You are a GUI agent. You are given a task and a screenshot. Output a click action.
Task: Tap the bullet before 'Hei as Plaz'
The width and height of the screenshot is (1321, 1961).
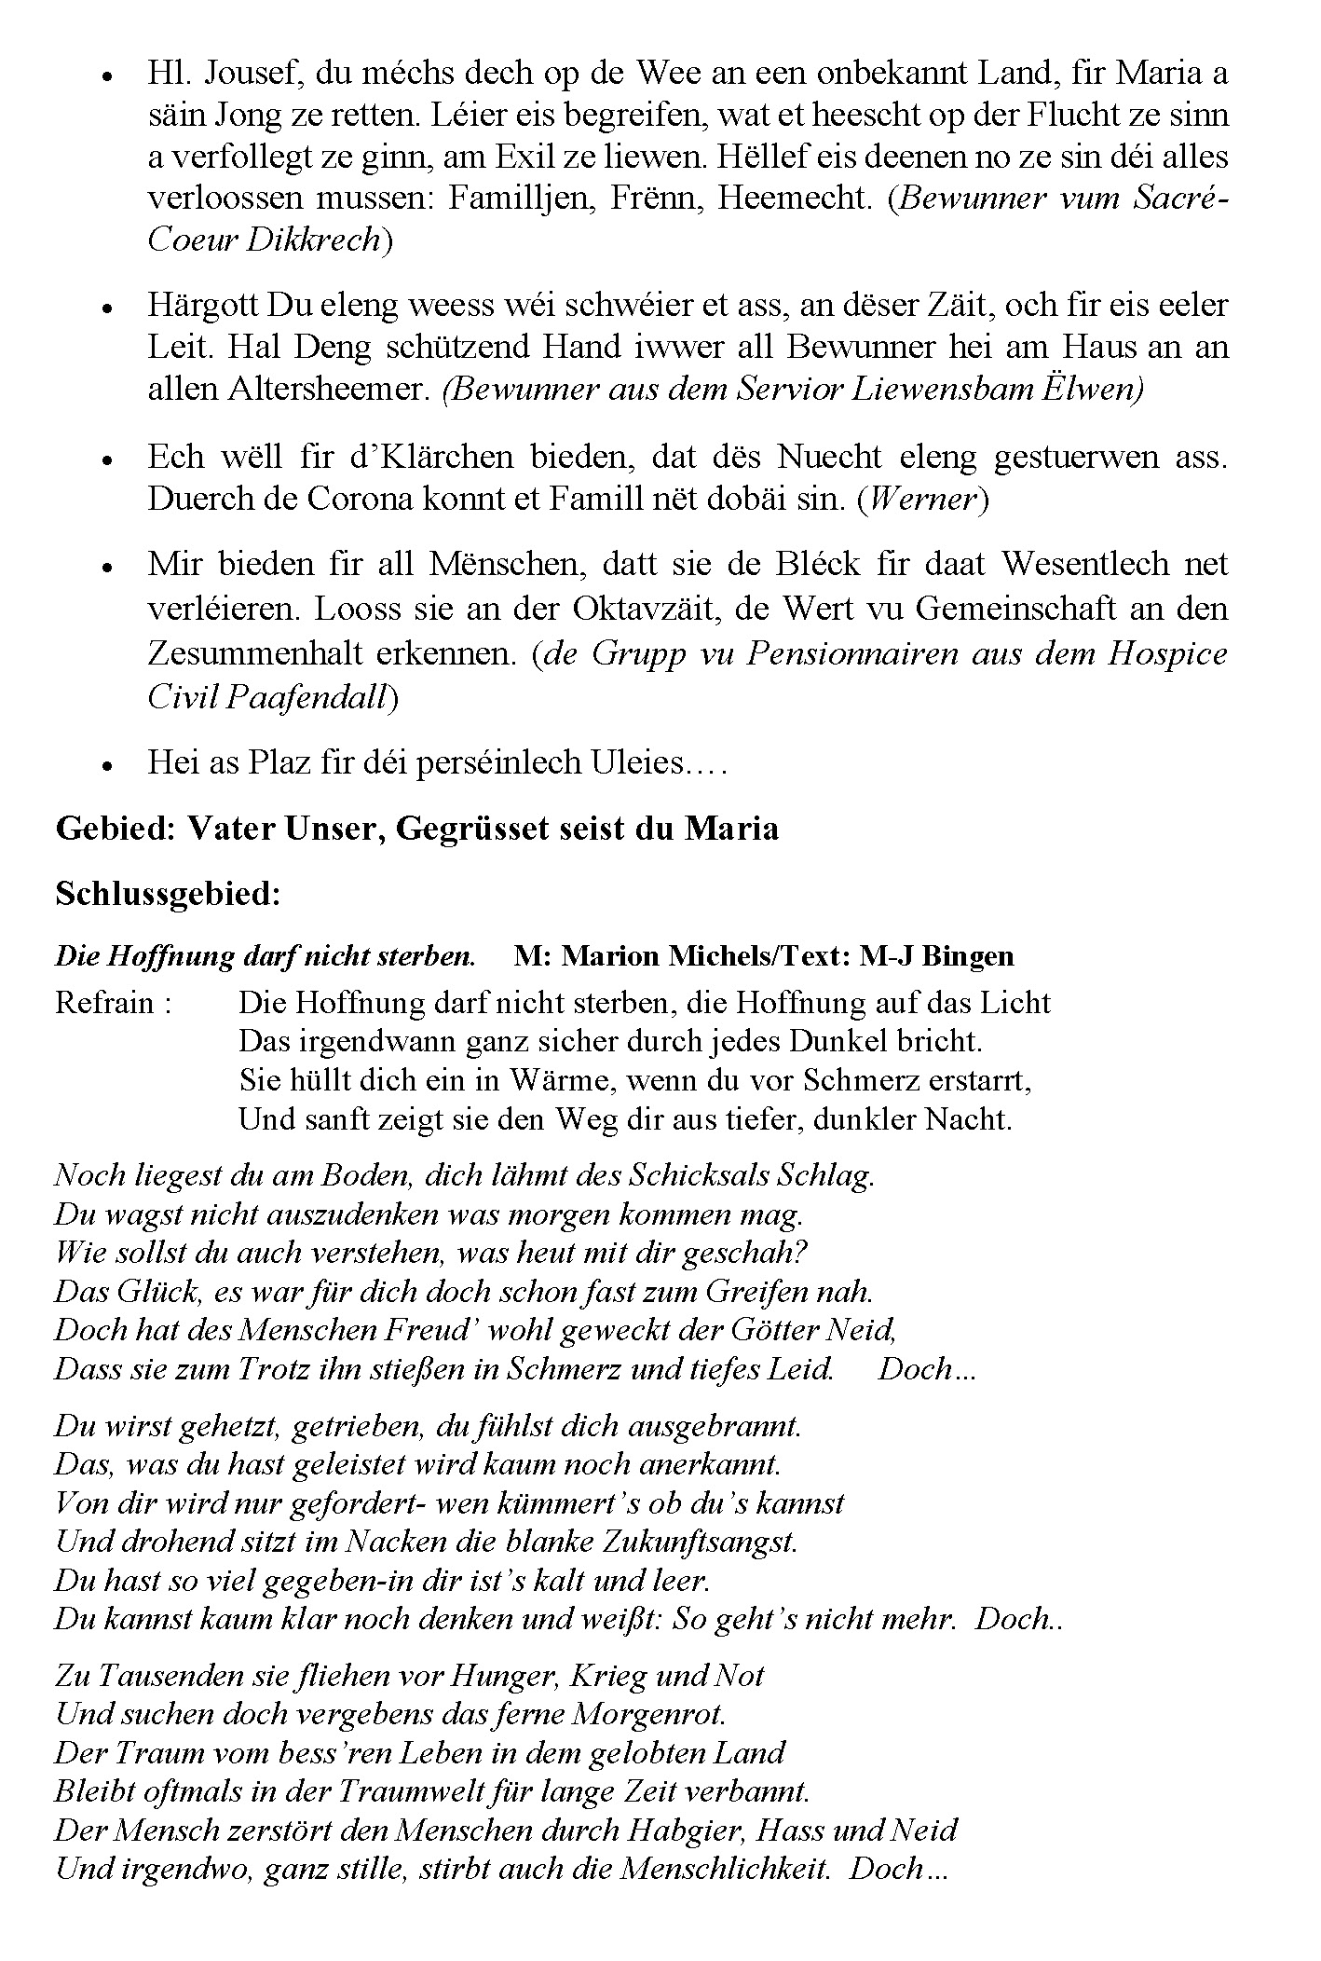(x=109, y=766)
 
